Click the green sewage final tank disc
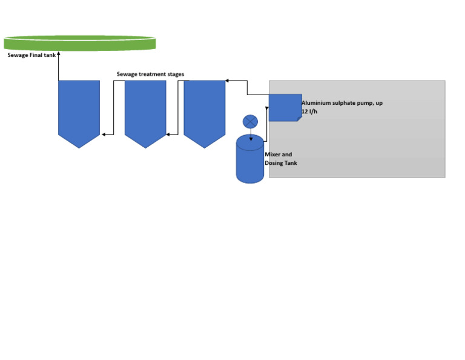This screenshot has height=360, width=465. tap(79, 43)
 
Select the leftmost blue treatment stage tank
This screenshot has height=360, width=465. tap(79, 110)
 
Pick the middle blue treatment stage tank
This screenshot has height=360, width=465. tap(145, 110)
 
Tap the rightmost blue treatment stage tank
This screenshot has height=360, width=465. tap(204, 110)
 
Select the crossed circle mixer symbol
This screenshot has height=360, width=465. tap(250, 122)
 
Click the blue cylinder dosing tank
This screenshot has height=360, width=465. tap(249, 161)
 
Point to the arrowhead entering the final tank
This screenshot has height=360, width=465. tap(59, 55)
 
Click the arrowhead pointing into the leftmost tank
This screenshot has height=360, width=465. tap(104, 134)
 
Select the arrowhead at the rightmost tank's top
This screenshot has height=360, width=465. tap(227, 80)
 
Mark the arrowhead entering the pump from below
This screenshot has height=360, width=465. tap(267, 109)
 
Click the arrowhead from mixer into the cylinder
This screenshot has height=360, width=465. tap(251, 138)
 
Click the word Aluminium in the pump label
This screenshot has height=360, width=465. tap(316, 103)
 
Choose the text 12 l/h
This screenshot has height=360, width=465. tap(309, 112)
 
